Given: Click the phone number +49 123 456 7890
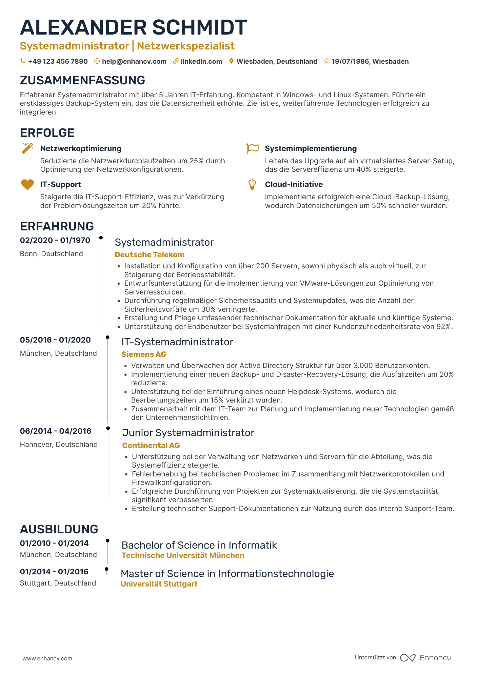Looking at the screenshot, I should tap(58, 61).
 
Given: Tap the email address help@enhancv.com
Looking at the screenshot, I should tap(134, 61).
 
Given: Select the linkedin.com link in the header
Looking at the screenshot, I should tap(201, 61).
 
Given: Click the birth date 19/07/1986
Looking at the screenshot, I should tap(350, 61).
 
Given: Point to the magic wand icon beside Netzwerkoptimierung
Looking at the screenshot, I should tap(27, 148).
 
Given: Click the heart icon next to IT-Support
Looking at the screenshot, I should tap(27, 185).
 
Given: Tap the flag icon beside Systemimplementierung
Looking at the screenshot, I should tap(252, 148).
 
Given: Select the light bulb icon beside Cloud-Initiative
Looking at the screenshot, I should tap(252, 185).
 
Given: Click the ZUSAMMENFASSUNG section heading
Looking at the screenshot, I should tap(82, 80).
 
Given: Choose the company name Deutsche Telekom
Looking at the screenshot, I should tap(150, 254).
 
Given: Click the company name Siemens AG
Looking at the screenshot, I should tap(144, 354).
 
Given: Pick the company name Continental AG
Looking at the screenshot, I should tap(151, 445).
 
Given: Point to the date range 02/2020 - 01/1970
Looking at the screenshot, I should tap(55, 240).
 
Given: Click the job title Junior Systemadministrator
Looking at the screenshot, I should tap(188, 433).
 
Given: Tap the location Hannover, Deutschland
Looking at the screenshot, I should tap(59, 445).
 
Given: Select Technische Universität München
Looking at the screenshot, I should tap(183, 555).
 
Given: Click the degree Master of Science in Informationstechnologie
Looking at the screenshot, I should tap(227, 574).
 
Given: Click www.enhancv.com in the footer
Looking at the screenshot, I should tap(47, 658).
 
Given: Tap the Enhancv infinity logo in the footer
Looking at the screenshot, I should tap(407, 658).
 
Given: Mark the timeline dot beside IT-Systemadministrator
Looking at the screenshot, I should tap(107, 337).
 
